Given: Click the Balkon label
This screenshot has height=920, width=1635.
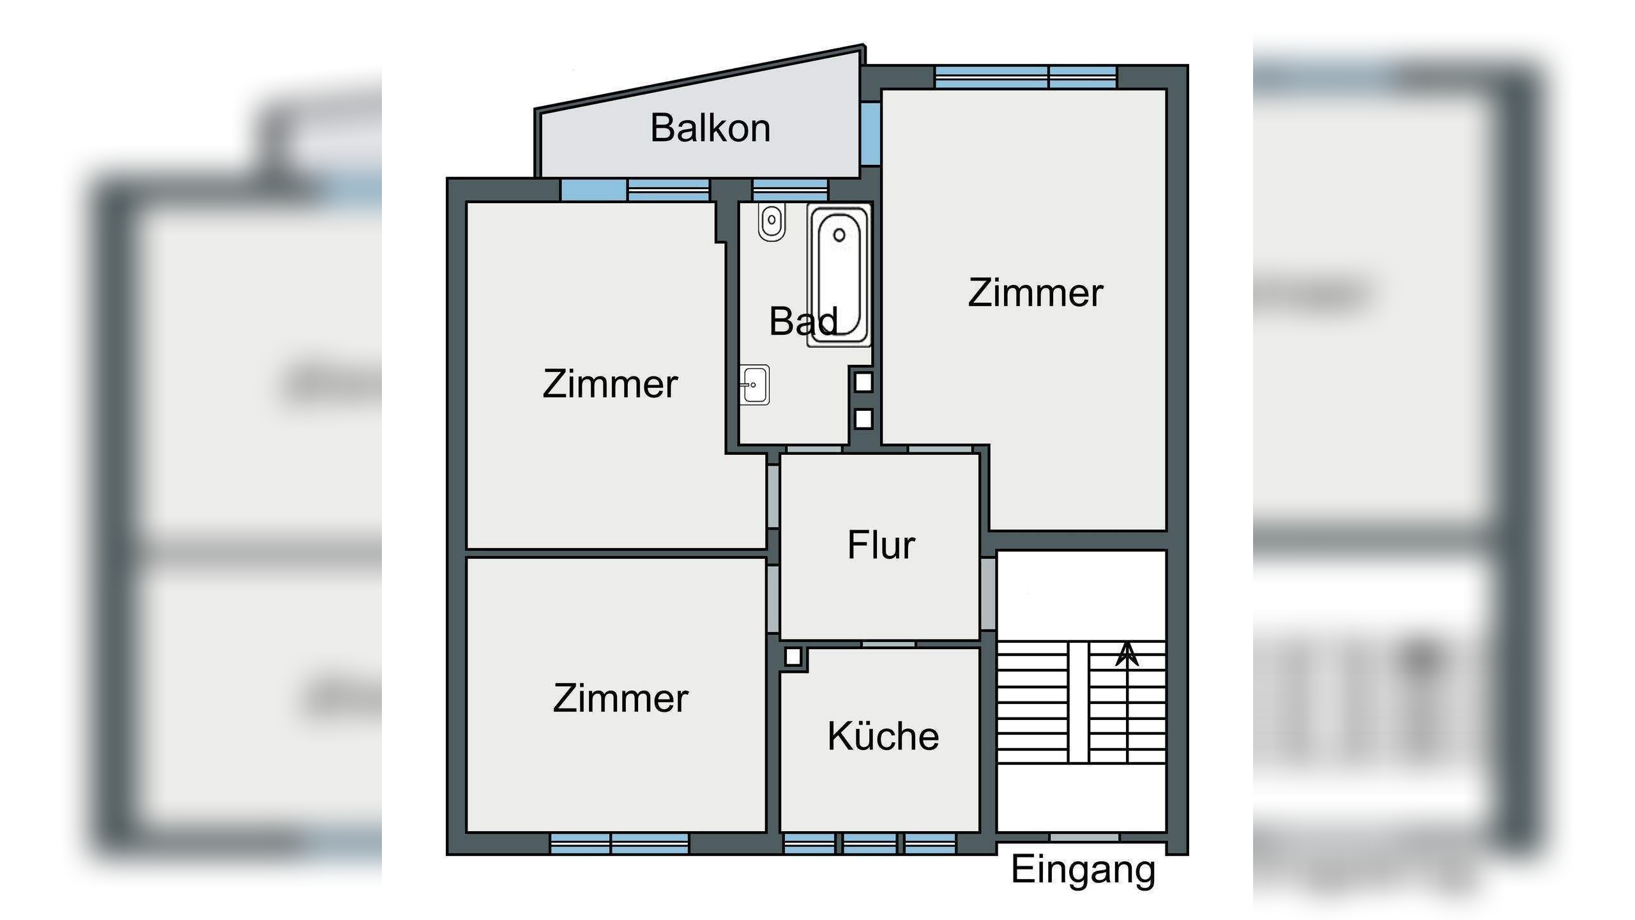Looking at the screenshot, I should pyautogui.click(x=710, y=128).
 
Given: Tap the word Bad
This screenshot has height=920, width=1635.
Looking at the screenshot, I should pyautogui.click(x=803, y=321).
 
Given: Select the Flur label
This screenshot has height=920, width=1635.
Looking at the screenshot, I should pyautogui.click(x=881, y=545).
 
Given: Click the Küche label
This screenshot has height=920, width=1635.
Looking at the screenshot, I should pyautogui.click(x=883, y=736).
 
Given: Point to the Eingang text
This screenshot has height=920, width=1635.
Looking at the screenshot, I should pyautogui.click(x=1083, y=870).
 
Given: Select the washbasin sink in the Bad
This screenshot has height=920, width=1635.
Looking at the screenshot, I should pyautogui.click(x=755, y=385).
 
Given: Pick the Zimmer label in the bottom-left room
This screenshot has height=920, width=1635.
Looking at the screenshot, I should pyautogui.click(x=620, y=698).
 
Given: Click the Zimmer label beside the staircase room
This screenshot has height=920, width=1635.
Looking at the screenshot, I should pyautogui.click(x=1035, y=293).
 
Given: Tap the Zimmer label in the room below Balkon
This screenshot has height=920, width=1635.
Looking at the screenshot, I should pyautogui.click(x=610, y=384).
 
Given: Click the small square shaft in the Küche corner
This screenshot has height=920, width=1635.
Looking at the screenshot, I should pyautogui.click(x=793, y=657).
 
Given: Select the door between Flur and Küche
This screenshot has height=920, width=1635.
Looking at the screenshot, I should pyautogui.click(x=888, y=644).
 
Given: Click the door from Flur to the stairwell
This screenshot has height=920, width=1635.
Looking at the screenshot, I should pyautogui.click(x=988, y=594).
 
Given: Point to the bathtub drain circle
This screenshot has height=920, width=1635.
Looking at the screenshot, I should pyautogui.click(x=839, y=235).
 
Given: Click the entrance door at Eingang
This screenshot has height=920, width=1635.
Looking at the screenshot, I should pyautogui.click(x=1084, y=837).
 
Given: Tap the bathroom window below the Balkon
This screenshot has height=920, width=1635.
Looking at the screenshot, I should pyautogui.click(x=790, y=190).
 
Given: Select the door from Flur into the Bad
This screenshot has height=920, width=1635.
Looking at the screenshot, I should pyautogui.click(x=814, y=450).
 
